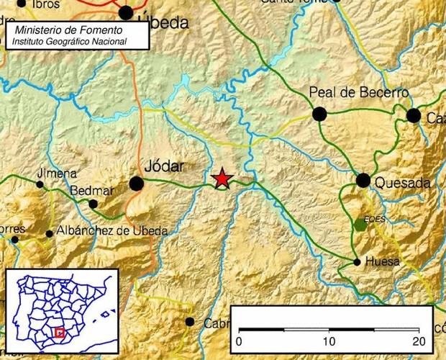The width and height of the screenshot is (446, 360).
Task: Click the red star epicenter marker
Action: (224, 178)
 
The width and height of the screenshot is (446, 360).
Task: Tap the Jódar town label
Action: (165, 166)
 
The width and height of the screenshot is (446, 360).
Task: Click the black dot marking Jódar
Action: (136, 184)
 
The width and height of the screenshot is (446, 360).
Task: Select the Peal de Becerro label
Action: (358, 93)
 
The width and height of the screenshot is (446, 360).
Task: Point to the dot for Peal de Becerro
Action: (319, 113)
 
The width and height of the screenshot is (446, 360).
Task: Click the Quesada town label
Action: (402, 183)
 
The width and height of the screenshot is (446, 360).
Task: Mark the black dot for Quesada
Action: (363, 180)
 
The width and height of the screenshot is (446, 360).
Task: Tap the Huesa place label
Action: (382, 262)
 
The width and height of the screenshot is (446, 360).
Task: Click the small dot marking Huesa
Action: (358, 262)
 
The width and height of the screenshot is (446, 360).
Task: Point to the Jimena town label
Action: (57, 174)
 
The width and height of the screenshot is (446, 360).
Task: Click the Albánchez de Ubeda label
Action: (112, 231)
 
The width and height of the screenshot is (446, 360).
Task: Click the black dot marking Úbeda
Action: (126, 12)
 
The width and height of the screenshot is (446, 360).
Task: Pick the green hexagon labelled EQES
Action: (360, 225)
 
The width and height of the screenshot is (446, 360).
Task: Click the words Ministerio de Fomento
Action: (68, 31)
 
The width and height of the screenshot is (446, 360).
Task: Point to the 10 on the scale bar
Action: (329, 341)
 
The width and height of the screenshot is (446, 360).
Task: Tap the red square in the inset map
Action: (60, 333)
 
